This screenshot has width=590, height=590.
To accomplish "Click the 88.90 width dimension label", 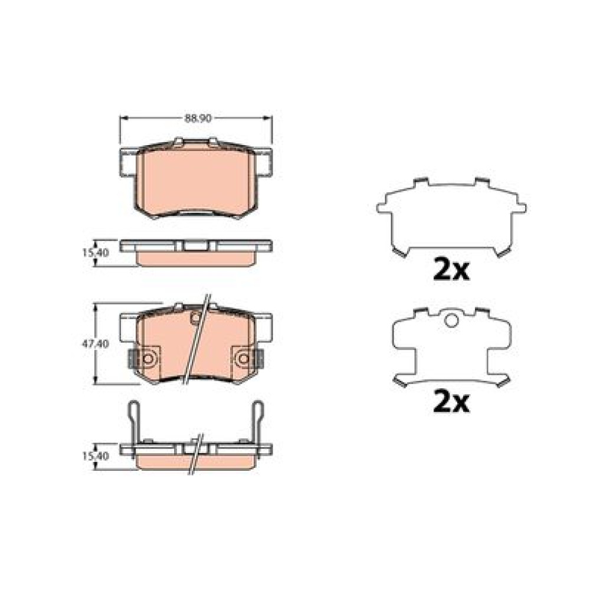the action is click(198, 118).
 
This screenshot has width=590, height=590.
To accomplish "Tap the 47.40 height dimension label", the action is click(96, 343).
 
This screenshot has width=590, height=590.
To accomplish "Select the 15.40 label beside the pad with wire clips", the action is click(96, 456).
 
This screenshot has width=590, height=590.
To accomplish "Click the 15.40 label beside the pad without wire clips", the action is click(96, 253).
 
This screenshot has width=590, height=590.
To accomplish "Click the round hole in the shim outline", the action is click(451, 320).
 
